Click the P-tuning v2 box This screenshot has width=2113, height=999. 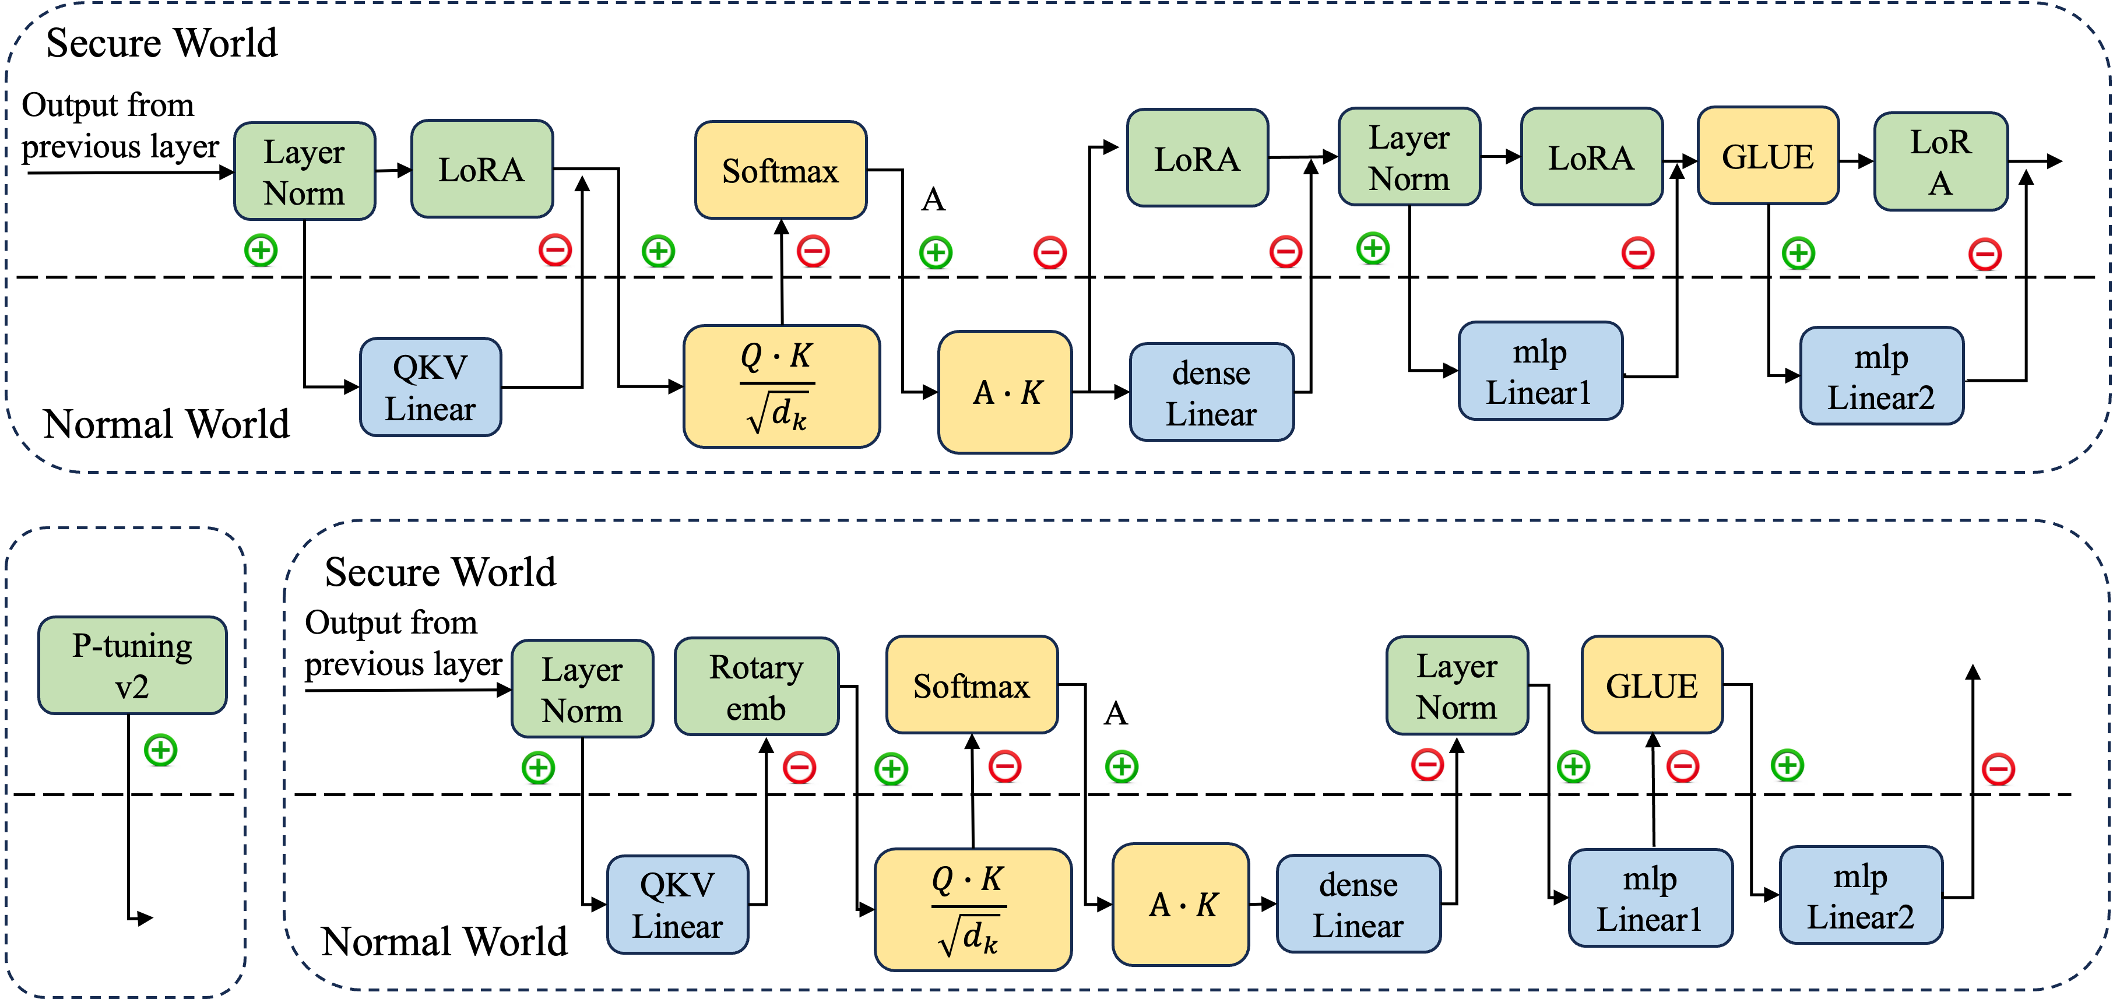[132, 665]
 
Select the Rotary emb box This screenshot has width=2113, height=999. [756, 687]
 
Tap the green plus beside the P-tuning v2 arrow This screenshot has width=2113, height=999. [161, 750]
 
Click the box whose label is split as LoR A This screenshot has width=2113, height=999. [1940, 161]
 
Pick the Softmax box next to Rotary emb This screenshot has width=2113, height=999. [972, 684]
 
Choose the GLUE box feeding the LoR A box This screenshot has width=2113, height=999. [1768, 156]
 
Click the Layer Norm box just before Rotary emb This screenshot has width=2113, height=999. [582, 689]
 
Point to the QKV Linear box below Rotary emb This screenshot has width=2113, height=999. [677, 905]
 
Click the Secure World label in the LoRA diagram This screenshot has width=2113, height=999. [161, 43]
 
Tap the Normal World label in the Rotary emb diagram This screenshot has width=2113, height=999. [444, 941]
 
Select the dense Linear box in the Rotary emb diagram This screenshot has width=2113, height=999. [1358, 904]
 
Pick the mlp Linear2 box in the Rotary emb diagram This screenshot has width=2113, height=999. [1861, 895]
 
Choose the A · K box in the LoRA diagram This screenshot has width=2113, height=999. [1005, 392]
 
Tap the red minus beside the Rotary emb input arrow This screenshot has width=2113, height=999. [799, 768]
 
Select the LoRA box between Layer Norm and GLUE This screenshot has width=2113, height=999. [1591, 157]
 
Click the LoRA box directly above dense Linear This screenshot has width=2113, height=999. [1198, 157]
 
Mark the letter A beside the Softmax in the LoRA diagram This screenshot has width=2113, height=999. [933, 199]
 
